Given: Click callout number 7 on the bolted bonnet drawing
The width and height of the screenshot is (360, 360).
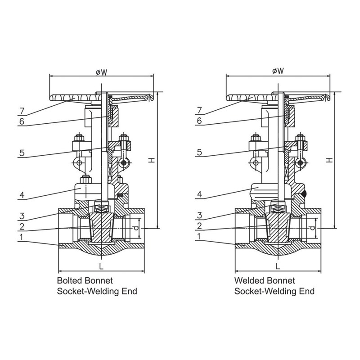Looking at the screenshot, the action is point(22,111).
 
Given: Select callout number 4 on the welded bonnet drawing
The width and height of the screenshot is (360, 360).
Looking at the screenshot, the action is point(199,194).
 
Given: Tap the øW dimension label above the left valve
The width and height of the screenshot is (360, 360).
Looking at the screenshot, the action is point(102,72).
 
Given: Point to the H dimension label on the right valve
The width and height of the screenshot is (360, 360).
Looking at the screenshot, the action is point(330,160).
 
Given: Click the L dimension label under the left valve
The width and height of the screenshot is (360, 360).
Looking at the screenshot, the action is point(101,266).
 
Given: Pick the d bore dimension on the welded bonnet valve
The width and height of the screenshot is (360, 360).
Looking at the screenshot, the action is point(312,228).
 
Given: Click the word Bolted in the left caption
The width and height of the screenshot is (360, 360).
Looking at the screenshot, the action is point(70,280).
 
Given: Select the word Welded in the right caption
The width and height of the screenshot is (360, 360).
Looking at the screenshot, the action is point(249,280).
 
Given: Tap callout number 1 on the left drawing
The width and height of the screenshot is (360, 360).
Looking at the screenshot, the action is point(21,237).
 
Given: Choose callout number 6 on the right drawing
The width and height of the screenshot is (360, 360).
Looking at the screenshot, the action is point(199,121).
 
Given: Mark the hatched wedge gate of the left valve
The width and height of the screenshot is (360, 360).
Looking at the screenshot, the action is point(101,228).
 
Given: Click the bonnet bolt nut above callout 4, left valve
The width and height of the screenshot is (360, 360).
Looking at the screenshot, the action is point(85,179).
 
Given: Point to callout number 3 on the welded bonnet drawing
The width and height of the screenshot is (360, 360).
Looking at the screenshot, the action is point(199,216).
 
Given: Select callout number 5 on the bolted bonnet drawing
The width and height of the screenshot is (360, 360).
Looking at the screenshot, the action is point(22,153).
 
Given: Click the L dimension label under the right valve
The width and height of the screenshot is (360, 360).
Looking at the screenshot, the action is point(278,266).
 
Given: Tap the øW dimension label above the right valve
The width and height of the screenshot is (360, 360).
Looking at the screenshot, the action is point(278,71).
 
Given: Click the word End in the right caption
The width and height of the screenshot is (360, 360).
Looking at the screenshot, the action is point(307,291).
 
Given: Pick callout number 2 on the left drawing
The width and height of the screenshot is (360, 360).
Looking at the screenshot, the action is point(22,226).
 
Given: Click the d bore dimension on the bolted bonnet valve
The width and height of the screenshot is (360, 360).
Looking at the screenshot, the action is point(136,228).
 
